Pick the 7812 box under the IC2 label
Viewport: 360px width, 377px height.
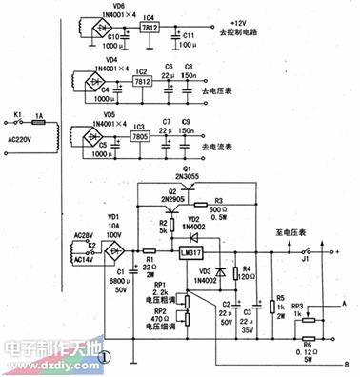click(x=143, y=83)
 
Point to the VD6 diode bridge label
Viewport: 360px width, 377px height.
click(x=117, y=6)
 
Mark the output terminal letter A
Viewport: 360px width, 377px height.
click(x=345, y=304)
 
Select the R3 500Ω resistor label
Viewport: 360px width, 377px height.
click(x=220, y=200)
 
